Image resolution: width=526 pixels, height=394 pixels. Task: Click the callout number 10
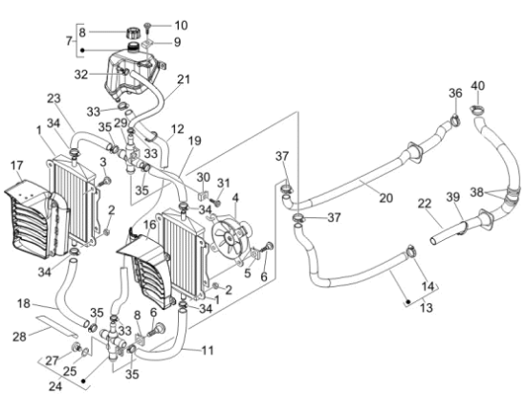tap(181, 26)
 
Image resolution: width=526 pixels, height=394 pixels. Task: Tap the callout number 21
tap(184, 79)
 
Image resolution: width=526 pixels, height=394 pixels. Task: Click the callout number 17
tap(17, 165)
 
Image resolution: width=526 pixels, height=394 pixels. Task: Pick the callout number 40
tap(477, 86)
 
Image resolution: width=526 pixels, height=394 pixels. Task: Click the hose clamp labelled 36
tap(455, 119)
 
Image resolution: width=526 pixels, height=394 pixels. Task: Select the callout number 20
tap(385, 198)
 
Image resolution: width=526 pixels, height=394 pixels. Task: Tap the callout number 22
tap(425, 204)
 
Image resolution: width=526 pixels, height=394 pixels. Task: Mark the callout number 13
tap(426, 307)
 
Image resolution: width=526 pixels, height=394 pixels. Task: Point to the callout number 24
tap(55, 385)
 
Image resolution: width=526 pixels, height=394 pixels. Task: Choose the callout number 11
tap(208, 351)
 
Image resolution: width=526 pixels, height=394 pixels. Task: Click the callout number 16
tap(150, 225)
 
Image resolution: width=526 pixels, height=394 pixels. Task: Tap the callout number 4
tap(235, 198)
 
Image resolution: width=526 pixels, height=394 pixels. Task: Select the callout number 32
tap(81, 75)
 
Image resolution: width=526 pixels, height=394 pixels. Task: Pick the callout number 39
tap(453, 197)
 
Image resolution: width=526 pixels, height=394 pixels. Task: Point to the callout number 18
tap(24, 304)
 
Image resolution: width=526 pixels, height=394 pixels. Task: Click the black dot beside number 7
tap(82, 51)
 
